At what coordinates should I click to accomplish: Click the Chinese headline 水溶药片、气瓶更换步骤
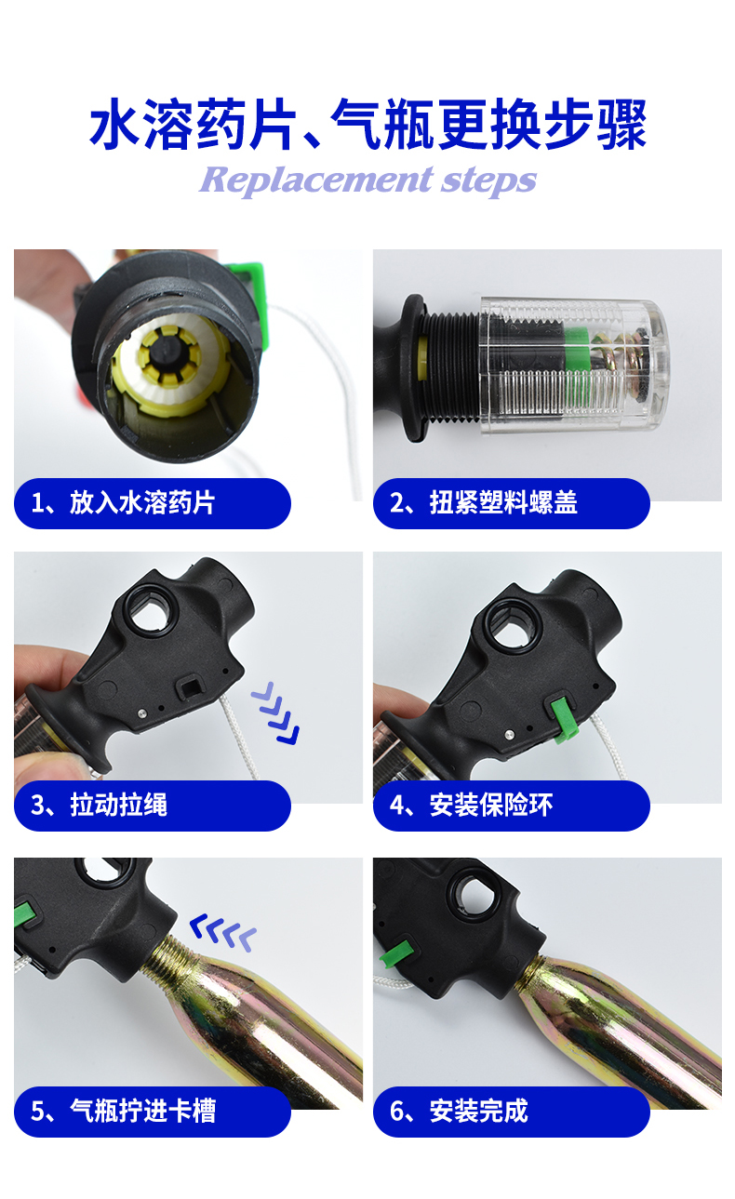368,125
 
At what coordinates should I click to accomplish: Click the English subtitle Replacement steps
367,180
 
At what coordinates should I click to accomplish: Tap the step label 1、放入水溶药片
123,502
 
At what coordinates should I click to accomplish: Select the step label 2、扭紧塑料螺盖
484,502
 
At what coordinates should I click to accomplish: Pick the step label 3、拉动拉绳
99,805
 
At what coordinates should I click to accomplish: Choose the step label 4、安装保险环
471,805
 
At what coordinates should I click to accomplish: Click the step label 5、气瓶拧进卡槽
123,1111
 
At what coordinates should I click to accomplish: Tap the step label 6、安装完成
459,1111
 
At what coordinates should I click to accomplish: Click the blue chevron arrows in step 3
275,713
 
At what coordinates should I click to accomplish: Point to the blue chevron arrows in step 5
223,933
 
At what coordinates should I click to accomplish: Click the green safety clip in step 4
563,719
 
